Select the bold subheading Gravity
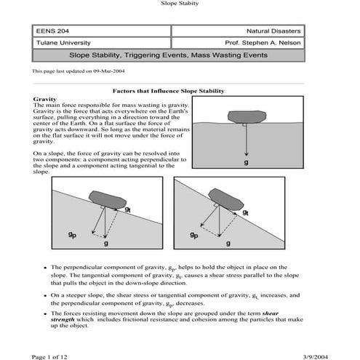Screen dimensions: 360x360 click(x=45, y=98)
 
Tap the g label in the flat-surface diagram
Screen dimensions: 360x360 click(x=247, y=162)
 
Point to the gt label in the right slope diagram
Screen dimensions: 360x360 click(x=246, y=212)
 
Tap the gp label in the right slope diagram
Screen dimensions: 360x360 click(x=193, y=235)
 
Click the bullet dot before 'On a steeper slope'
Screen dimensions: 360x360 click(x=45, y=296)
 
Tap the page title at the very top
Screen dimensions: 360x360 click(x=179, y=4)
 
